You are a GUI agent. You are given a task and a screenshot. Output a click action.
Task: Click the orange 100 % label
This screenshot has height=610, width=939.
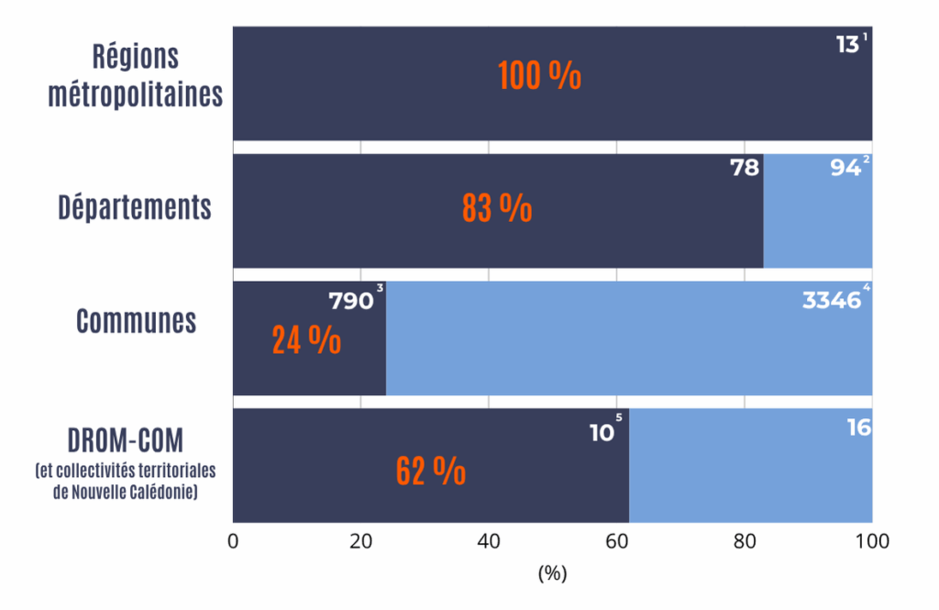click(539, 76)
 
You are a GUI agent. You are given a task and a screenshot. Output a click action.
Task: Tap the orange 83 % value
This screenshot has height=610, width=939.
click(496, 208)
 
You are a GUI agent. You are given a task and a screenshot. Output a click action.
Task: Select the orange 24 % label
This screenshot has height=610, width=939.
click(306, 339)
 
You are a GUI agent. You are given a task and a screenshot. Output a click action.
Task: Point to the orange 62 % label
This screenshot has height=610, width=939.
click(430, 471)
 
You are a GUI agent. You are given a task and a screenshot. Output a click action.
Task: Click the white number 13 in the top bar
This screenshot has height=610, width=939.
click(846, 44)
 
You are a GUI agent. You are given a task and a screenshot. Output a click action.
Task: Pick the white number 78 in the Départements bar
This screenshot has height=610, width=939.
click(744, 170)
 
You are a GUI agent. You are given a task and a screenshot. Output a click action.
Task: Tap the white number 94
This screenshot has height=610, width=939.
click(844, 170)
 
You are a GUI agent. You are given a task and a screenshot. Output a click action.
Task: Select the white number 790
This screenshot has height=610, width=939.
click(350, 301)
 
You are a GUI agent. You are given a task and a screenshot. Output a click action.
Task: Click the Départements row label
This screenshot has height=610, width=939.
click(135, 207)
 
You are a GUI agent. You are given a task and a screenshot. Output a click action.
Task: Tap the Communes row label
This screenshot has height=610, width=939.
click(136, 321)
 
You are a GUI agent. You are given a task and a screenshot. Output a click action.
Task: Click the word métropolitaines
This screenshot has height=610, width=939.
click(136, 94)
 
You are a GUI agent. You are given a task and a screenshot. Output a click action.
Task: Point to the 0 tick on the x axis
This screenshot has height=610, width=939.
click(233, 541)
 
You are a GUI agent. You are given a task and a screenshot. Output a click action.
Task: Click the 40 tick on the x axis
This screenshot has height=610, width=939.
click(489, 541)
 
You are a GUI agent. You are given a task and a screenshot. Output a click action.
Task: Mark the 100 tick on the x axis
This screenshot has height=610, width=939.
click(871, 541)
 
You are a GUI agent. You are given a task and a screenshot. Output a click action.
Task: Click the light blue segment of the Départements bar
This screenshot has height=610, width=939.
click(817, 220)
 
